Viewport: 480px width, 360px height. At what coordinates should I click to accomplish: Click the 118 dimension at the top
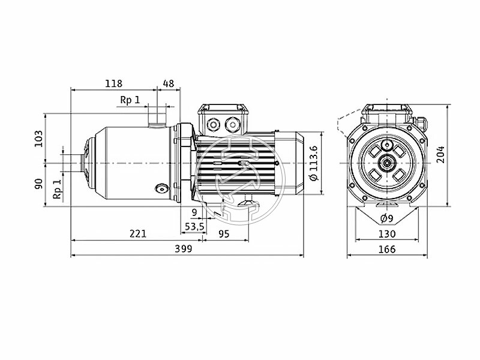point(113,83)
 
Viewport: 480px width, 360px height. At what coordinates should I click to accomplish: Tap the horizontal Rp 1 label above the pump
point(130,100)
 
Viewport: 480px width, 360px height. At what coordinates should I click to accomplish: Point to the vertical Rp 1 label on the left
point(58,188)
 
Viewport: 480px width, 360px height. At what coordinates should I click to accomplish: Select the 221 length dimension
point(138,234)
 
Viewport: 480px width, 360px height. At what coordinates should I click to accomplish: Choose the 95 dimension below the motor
point(223,234)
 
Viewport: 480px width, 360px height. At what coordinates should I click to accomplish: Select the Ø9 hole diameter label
point(386,218)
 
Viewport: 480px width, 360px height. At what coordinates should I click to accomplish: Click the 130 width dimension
point(386,234)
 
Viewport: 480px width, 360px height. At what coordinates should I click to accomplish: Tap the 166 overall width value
point(386,249)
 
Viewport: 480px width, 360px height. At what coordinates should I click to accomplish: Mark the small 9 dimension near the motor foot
point(194,212)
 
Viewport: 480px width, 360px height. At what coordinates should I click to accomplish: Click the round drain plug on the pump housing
point(160,189)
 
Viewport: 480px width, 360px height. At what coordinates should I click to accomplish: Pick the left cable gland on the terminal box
point(212,125)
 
